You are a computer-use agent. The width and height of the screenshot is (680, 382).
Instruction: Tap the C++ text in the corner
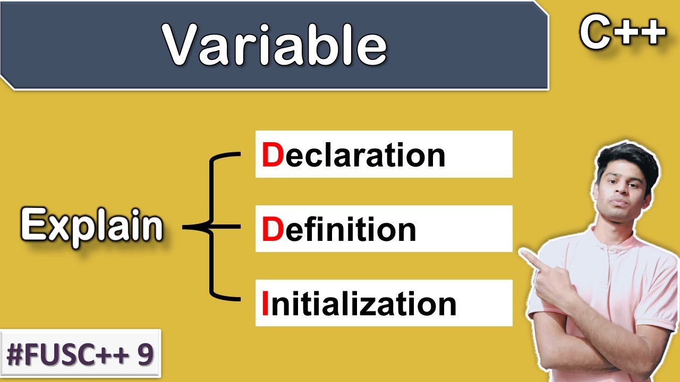(622, 33)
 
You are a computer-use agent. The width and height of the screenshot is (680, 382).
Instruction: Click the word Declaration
(353, 155)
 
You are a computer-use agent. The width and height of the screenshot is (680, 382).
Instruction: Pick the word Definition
(339, 229)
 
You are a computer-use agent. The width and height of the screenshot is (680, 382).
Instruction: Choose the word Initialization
(359, 304)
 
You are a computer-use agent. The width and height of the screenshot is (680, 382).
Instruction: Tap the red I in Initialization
(265, 304)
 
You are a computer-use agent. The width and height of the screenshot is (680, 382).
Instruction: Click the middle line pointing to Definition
(223, 228)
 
